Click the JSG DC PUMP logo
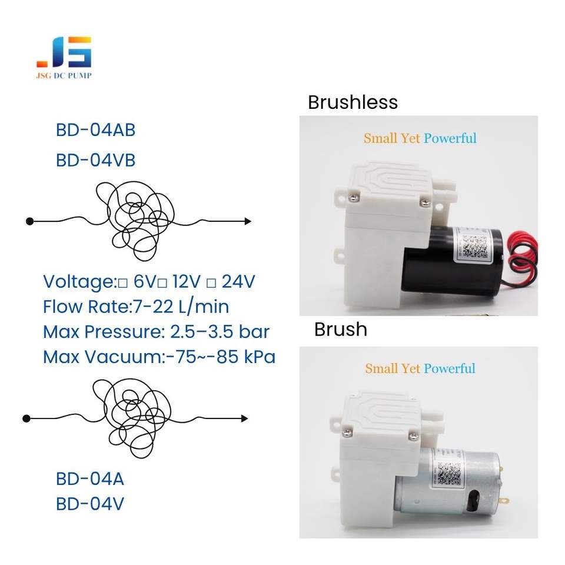click(64, 58)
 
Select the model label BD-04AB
click(95, 130)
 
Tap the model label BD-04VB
click(95, 160)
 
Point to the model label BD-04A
click(90, 479)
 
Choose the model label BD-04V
click(90, 504)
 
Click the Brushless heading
click(353, 102)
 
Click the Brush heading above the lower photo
click(340, 329)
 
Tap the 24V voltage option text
click(238, 282)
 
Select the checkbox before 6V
click(122, 283)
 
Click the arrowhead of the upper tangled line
click(248, 221)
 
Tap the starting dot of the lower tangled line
click(26, 418)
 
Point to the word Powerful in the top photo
click(450, 138)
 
